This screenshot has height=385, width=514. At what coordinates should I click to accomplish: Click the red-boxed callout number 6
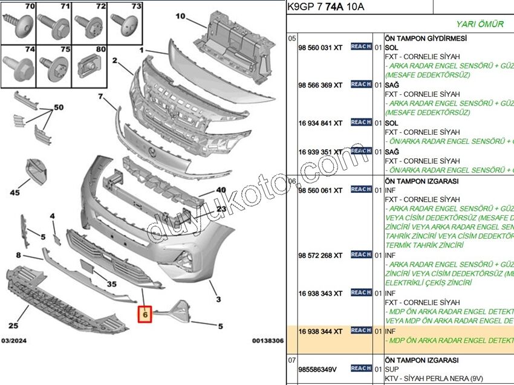tap(145, 314)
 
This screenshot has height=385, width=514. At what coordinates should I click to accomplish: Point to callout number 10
tap(180, 16)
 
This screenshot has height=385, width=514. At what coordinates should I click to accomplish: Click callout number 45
tap(15, 192)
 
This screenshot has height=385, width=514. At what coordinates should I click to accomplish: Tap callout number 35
tap(112, 283)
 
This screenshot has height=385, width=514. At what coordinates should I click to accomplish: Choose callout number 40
tap(221, 190)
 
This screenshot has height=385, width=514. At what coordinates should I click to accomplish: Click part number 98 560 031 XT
tap(320, 48)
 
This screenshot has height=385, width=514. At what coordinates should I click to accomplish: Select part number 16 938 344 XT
tap(320, 331)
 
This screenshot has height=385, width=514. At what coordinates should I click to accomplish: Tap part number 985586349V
tap(317, 369)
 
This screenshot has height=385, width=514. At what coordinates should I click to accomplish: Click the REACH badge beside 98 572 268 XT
tap(361, 254)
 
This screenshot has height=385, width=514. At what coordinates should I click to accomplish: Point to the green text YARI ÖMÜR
tap(480, 24)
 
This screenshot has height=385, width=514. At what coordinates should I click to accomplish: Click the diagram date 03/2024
tap(14, 341)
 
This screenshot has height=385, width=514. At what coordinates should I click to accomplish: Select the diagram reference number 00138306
tap(267, 341)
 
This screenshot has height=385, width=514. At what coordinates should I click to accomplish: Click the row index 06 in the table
tap(291, 181)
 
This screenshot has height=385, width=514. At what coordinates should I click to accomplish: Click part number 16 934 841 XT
tap(320, 123)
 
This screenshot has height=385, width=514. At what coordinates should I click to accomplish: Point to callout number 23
tap(221, 209)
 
